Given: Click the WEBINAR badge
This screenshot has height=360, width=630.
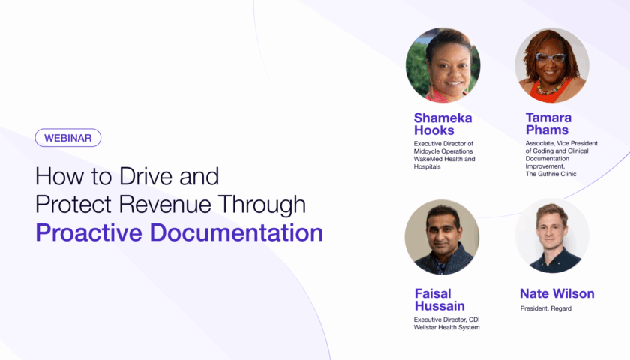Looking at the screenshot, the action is pyautogui.click(x=68, y=138).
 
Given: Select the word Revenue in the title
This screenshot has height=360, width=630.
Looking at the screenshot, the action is pyautogui.click(x=165, y=204).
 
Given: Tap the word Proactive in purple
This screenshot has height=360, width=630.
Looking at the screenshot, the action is pyautogui.click(x=88, y=232).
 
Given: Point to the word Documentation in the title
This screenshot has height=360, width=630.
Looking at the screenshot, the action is pyautogui.click(x=236, y=232).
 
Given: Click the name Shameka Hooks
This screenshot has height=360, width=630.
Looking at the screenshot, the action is pyautogui.click(x=442, y=124).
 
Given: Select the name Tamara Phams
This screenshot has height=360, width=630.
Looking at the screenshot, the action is pyautogui.click(x=548, y=124).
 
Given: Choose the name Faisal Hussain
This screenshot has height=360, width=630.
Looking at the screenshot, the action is pyautogui.click(x=439, y=300).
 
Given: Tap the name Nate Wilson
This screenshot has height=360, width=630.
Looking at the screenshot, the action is pyautogui.click(x=556, y=293).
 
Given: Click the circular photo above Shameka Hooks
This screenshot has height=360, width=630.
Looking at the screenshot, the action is pyautogui.click(x=442, y=65).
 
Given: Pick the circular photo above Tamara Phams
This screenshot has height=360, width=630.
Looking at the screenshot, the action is pyautogui.click(x=552, y=65).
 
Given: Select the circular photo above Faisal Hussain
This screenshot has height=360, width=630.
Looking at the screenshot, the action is pyautogui.click(x=442, y=238).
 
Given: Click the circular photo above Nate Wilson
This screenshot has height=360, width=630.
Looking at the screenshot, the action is pyautogui.click(x=552, y=235).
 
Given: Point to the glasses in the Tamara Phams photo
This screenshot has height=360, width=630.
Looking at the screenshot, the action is pyautogui.click(x=550, y=58).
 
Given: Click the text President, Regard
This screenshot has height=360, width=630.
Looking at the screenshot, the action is pyautogui.click(x=546, y=308).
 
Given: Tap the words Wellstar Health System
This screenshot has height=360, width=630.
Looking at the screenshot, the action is pyautogui.click(x=446, y=327).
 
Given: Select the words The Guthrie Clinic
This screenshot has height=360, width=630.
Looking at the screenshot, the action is pyautogui.click(x=550, y=174).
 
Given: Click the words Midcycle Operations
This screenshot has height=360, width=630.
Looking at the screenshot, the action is pyautogui.click(x=443, y=151).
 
